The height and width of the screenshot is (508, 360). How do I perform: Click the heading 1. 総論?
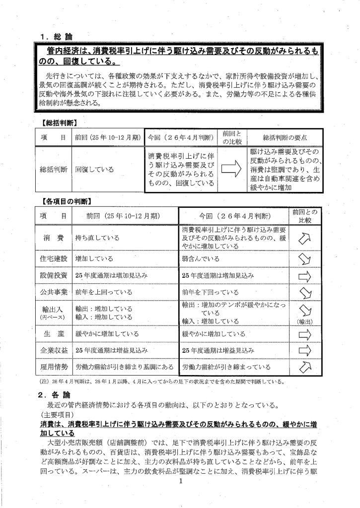click(58, 36)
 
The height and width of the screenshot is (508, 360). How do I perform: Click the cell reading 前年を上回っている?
click(101, 292)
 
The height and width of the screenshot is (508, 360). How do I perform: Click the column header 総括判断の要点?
click(285, 136)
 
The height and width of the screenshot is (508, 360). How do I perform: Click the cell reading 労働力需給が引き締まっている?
click(226, 367)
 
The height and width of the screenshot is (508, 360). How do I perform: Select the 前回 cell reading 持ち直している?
click(98, 238)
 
